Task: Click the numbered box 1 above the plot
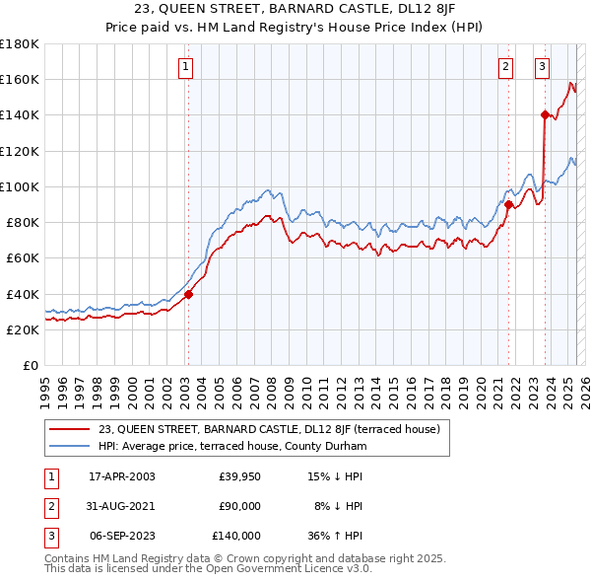point(186,67)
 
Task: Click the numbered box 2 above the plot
point(505,67)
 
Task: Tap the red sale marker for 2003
point(188,294)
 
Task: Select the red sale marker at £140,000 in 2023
point(545,114)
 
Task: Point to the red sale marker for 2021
point(509,205)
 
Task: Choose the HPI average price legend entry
point(232,447)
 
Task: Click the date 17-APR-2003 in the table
point(121,476)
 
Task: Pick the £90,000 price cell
point(239,506)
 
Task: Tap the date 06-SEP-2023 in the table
point(121,536)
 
